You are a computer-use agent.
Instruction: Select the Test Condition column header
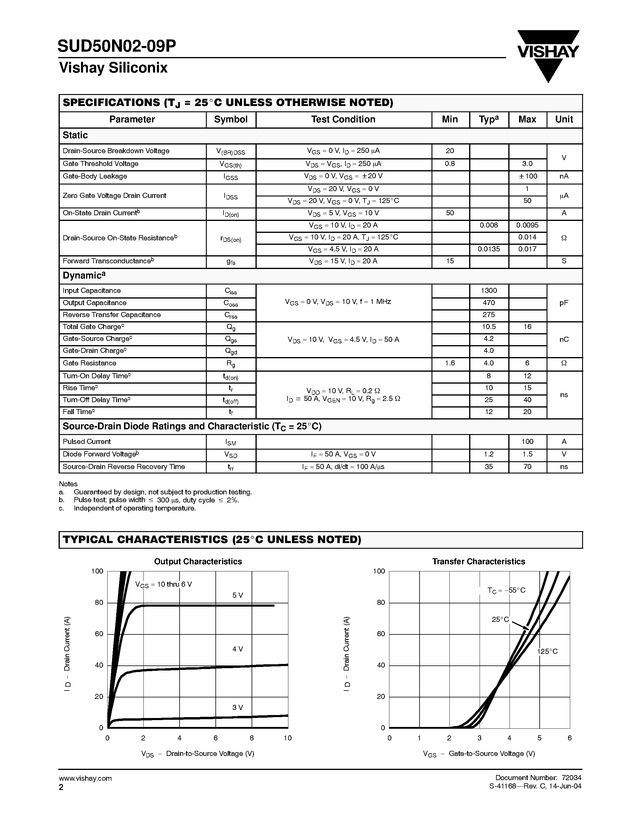point(343,119)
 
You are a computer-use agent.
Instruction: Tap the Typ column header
point(488,119)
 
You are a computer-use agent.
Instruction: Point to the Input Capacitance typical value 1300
point(488,290)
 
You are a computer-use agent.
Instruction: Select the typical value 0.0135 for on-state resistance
point(488,249)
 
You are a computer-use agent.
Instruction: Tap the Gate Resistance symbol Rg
point(231,364)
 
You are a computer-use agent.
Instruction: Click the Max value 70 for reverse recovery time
point(527,467)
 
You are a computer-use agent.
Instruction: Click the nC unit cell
point(564,339)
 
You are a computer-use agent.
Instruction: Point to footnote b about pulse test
point(156,500)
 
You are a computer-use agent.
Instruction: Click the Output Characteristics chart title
point(198,562)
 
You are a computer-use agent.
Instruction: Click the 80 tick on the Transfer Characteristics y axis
point(381,602)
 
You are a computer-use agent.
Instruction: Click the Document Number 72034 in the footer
point(538,778)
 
